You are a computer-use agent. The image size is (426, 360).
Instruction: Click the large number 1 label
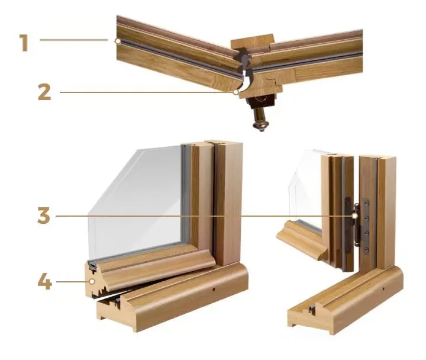coord(24,43)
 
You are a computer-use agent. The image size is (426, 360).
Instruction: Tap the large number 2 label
coord(44,92)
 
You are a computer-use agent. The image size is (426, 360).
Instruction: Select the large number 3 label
coord(44,216)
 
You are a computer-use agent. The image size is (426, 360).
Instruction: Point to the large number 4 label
coord(45,281)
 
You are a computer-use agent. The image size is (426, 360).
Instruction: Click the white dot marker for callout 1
coord(118,41)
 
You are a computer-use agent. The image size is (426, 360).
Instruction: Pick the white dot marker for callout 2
coord(236,92)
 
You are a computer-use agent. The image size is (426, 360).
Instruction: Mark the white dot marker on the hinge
coord(354,216)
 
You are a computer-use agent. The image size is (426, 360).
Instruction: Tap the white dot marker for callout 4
coord(92,281)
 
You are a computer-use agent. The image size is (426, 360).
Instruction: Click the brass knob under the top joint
coord(261,120)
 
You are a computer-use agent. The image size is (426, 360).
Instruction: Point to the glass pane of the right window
coord(306,185)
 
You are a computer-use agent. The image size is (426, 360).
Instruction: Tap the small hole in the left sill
coord(214,290)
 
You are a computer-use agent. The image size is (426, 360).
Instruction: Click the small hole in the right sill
coord(383,288)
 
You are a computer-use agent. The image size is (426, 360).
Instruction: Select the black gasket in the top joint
coord(244,61)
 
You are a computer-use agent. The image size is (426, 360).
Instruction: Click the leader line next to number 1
coord(73,40)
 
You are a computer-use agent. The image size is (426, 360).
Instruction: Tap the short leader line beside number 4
coord(72,282)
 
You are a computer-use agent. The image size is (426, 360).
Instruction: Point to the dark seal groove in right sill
coord(312,310)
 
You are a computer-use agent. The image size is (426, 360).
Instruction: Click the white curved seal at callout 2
coord(246,83)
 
